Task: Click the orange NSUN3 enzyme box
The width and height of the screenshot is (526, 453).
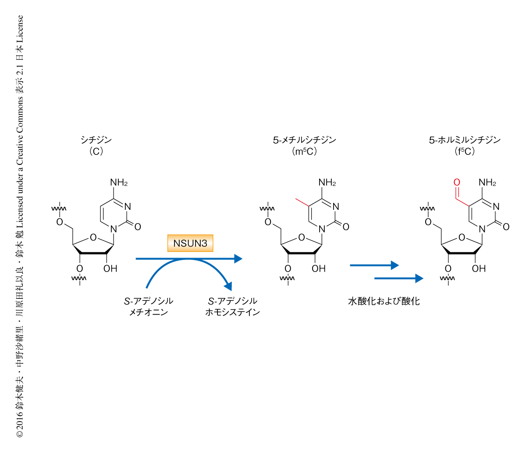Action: (x=190, y=243)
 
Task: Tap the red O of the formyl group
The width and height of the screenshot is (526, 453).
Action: (x=457, y=182)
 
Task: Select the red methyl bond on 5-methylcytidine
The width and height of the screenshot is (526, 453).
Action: (x=302, y=202)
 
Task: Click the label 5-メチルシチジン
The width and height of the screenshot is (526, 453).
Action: (x=304, y=140)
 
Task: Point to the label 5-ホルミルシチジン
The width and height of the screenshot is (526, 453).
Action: (x=465, y=140)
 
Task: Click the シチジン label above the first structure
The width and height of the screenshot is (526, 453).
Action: (x=96, y=140)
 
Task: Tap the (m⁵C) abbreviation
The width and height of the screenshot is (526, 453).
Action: (x=304, y=152)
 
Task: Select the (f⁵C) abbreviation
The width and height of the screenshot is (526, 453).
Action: (x=465, y=152)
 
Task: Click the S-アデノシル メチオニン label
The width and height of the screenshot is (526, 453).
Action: (x=149, y=307)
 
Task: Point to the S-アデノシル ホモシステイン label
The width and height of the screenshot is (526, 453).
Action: (x=232, y=307)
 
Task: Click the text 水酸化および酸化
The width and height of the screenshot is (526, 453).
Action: (x=384, y=301)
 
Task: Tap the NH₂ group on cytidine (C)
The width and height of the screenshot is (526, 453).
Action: (x=119, y=182)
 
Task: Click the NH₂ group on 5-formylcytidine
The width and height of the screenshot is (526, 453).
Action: (x=487, y=182)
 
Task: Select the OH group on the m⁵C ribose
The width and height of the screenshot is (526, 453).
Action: (x=318, y=269)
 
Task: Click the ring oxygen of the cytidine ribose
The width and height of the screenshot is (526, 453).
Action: (x=93, y=237)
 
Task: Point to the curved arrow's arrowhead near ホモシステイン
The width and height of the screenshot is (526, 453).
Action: (x=228, y=286)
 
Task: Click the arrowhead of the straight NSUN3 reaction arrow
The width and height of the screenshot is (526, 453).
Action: (x=238, y=258)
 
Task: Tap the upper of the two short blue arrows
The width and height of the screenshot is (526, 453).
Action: (x=374, y=265)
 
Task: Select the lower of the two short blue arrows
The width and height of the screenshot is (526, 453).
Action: (x=399, y=279)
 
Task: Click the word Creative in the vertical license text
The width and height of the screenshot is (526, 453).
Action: (x=20, y=146)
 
